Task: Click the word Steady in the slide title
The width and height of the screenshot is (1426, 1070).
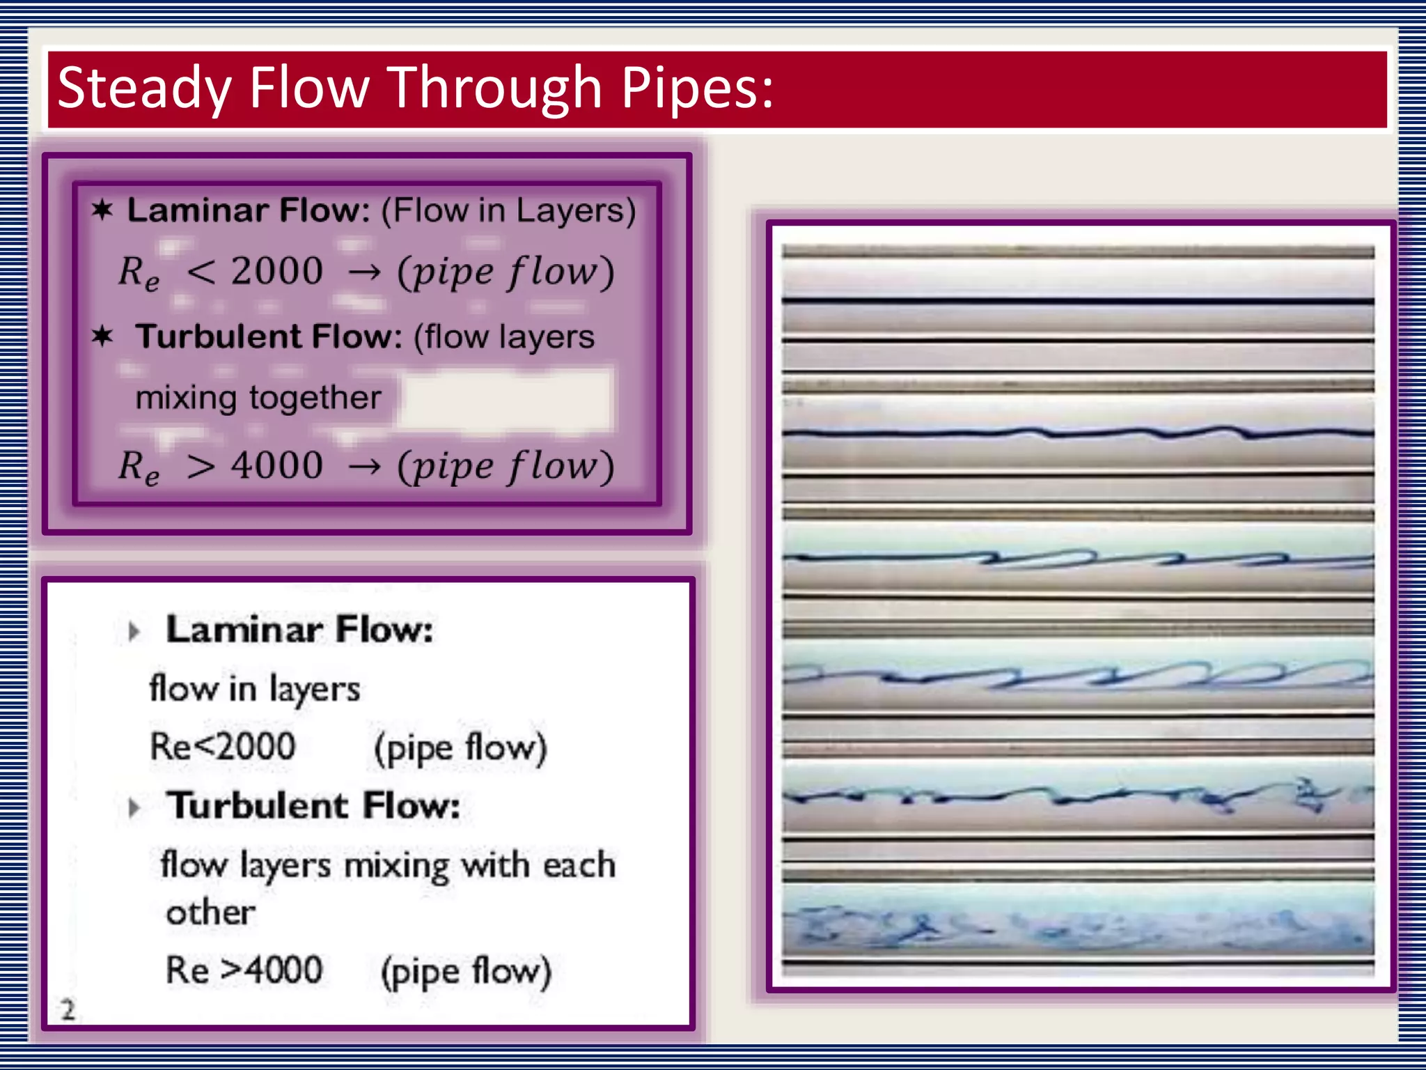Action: tap(143, 89)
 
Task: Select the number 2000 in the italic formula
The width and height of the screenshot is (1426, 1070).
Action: tap(277, 270)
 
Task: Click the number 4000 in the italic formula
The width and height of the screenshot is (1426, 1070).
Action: tap(277, 465)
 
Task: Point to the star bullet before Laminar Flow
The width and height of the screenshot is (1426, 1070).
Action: tap(102, 210)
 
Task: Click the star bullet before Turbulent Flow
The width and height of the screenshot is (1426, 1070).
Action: tap(102, 336)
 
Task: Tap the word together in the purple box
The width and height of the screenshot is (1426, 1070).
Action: tap(315, 398)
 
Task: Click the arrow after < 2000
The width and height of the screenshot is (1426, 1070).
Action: tap(364, 272)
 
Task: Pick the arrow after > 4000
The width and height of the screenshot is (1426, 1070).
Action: tap(364, 467)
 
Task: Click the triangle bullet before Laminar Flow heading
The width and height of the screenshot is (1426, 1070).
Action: tap(134, 632)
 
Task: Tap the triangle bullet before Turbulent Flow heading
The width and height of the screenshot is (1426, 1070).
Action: tap(134, 808)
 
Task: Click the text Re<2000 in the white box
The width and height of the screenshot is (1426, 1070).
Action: tap(223, 747)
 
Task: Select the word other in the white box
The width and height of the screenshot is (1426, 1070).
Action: tap(210, 912)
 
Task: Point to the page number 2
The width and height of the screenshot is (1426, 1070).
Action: tap(68, 1009)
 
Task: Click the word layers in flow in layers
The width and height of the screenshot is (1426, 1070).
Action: tap(315, 690)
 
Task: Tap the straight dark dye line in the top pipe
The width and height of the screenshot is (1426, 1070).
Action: tap(1077, 301)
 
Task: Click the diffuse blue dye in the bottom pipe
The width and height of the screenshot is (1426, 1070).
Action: tap(1077, 926)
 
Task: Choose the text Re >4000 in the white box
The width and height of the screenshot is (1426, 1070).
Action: tap(244, 970)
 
